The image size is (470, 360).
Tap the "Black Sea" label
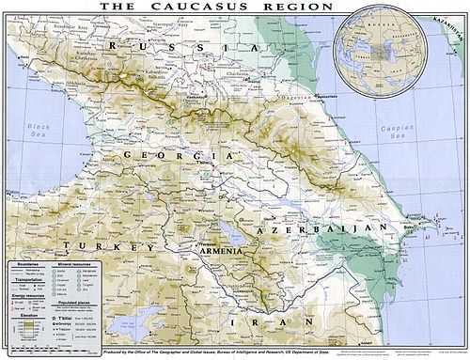[39, 128]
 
